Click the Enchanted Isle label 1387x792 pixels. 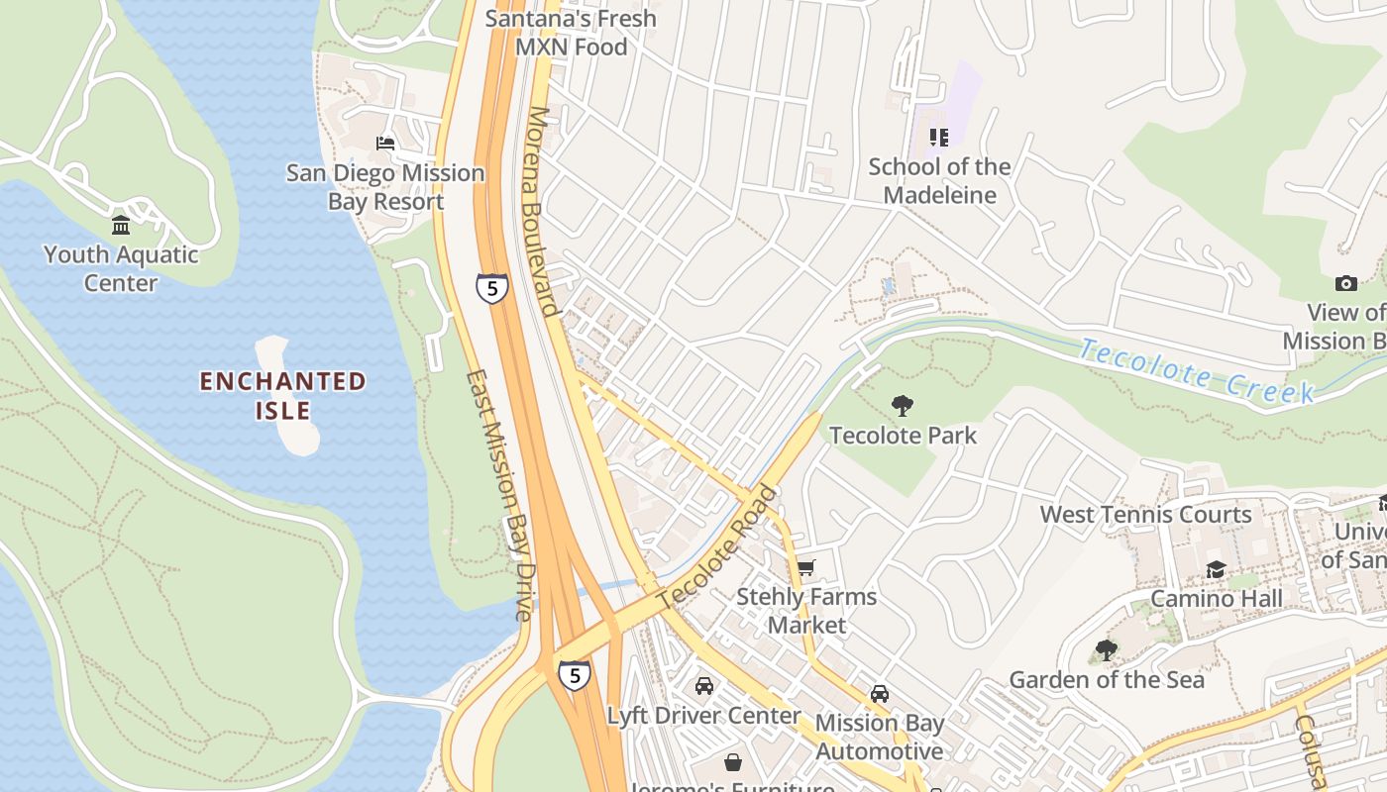click(283, 395)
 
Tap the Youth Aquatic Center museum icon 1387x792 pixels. click(121, 226)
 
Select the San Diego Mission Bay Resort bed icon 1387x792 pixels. click(385, 144)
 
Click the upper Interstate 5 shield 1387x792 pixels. click(491, 288)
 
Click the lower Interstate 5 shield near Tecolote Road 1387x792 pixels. click(574, 675)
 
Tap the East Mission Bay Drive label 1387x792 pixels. click(501, 495)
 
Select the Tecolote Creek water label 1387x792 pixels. click(1197, 371)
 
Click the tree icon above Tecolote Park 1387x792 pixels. click(902, 405)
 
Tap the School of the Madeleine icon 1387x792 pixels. click(938, 138)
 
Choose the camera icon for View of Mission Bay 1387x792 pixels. click(1345, 284)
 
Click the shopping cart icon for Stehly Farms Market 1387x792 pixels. click(806, 568)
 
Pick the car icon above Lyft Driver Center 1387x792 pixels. click(704, 685)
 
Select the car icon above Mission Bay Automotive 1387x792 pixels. click(880, 693)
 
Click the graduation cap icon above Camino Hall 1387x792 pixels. click(1216, 569)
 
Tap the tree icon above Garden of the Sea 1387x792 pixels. click(1107, 650)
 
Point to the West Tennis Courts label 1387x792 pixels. click(1145, 514)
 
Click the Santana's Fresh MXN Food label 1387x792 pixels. click(572, 33)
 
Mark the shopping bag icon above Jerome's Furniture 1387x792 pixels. click(733, 761)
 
